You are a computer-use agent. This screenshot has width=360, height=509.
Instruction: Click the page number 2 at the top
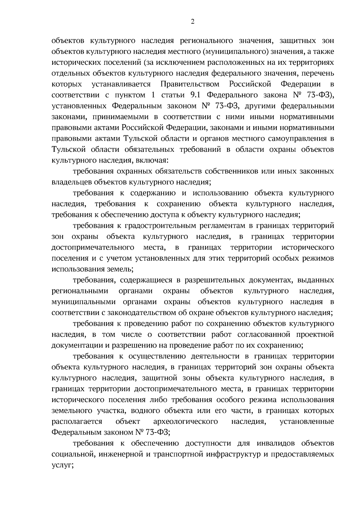pos(192,21)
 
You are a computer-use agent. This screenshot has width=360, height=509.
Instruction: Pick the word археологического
pos(185,421)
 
